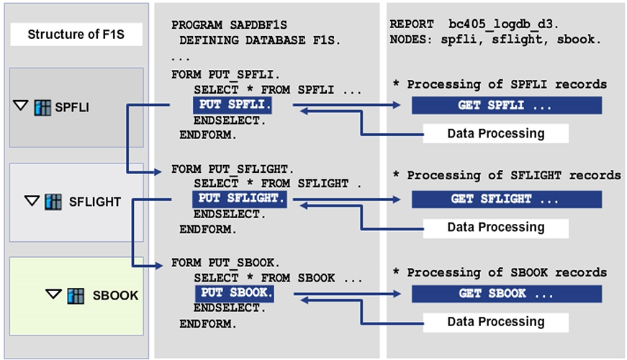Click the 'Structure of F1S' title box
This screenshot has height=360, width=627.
click(x=76, y=34)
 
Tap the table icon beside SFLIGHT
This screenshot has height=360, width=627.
click(x=53, y=201)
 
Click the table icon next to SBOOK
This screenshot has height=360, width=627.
click(x=76, y=295)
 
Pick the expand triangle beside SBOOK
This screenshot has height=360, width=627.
click(x=53, y=294)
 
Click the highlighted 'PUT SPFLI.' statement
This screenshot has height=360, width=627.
click(x=242, y=106)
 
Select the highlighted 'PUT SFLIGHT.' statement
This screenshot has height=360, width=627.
click(x=239, y=199)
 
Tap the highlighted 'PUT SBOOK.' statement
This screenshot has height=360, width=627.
click(x=234, y=293)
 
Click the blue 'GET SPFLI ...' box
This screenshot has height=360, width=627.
click(x=507, y=106)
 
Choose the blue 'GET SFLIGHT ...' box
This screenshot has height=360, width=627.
click(x=507, y=199)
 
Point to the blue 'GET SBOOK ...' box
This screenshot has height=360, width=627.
click(x=507, y=293)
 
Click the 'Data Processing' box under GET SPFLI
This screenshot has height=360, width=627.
click(x=495, y=133)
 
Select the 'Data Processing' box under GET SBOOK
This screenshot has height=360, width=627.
click(x=495, y=321)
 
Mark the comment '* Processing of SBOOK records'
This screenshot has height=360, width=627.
click(x=500, y=273)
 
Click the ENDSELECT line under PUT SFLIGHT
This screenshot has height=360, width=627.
click(x=230, y=215)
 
